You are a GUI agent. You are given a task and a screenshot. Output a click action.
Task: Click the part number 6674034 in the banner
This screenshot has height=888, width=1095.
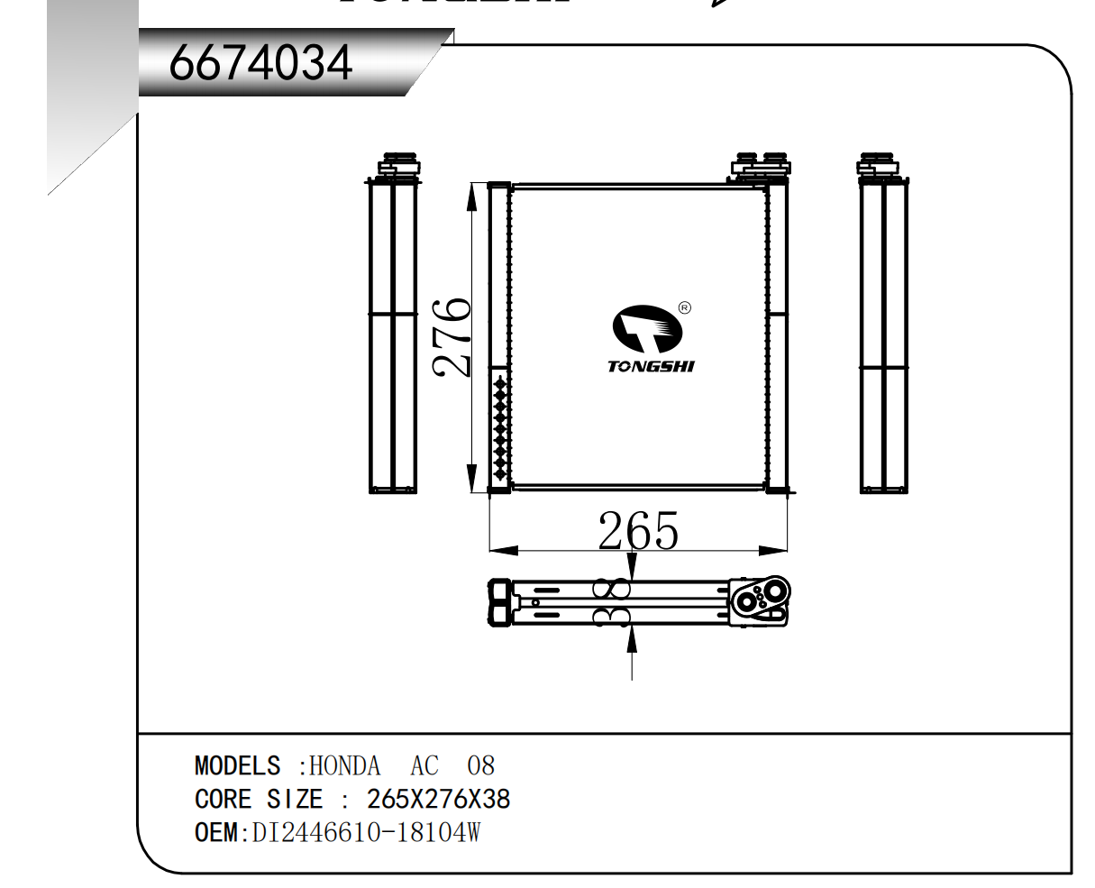[260, 63]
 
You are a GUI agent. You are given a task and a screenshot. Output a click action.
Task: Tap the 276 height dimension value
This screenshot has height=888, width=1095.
[452, 338]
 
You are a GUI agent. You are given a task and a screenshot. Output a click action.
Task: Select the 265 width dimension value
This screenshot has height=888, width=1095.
[638, 530]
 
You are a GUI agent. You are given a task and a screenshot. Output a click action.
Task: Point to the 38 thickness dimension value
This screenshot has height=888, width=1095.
[612, 602]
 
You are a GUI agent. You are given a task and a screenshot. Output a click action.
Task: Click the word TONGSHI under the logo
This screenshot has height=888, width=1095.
[651, 366]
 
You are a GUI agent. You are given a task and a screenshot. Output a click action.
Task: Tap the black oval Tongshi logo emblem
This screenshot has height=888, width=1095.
[647, 329]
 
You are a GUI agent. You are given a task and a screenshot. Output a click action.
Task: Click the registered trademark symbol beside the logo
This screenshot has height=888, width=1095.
[685, 308]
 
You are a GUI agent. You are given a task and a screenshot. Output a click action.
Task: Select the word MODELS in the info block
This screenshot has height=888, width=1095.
[238, 765]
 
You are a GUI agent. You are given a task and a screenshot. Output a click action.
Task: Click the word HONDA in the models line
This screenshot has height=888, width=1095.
[344, 765]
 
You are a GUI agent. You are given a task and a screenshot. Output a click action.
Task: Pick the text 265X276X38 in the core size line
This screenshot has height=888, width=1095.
[438, 799]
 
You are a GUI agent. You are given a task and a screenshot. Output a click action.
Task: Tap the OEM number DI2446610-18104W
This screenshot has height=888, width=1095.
[366, 832]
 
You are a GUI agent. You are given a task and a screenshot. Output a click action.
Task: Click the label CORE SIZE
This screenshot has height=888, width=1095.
[259, 799]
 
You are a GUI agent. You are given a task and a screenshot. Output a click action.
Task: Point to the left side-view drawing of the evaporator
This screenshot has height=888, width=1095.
[393, 323]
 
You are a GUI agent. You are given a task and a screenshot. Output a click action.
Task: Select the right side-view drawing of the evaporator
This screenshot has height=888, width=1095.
[883, 323]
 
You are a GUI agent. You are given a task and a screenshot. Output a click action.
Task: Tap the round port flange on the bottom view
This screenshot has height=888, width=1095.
[760, 600]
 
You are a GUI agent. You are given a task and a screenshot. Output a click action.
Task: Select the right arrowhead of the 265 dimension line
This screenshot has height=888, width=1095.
[772, 551]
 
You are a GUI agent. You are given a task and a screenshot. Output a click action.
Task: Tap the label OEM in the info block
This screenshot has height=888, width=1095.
[216, 832]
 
